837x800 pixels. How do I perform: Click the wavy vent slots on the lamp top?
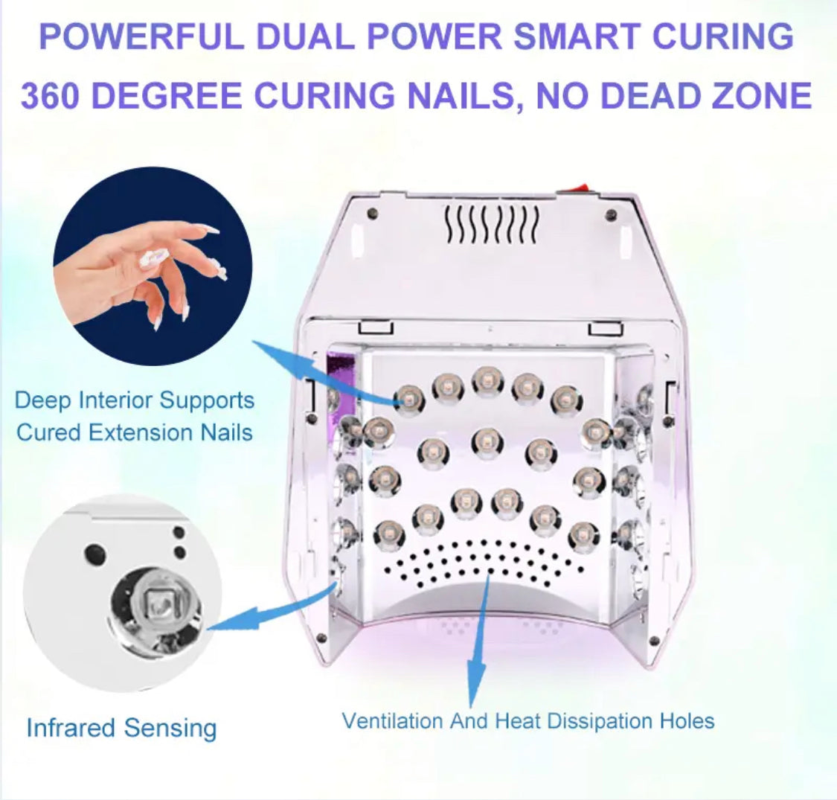point(492,224)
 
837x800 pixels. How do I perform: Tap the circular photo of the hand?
point(152,266)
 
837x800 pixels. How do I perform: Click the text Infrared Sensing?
point(122,728)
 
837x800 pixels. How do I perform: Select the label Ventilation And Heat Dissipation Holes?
point(528,721)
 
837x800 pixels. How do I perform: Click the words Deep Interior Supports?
point(135,400)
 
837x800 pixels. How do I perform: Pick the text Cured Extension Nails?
point(135,432)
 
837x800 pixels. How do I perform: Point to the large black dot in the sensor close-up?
point(95,552)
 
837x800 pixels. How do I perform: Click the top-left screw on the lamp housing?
point(373,214)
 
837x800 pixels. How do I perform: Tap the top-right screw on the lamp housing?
point(612,215)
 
